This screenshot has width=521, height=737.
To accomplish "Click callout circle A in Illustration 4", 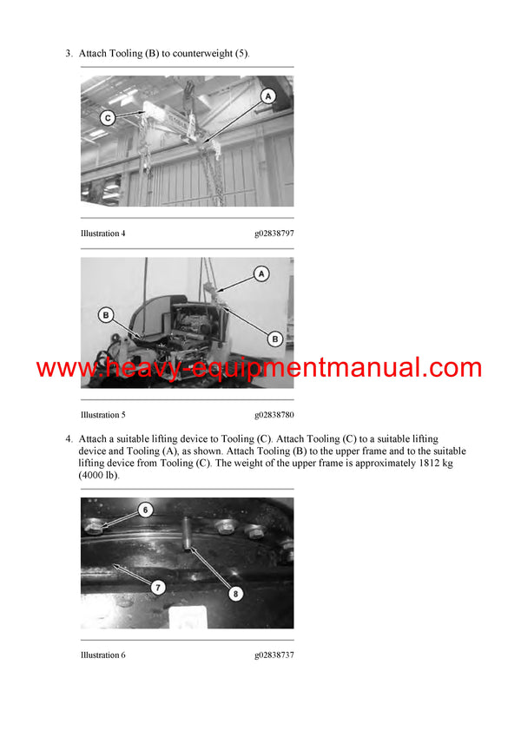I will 268,95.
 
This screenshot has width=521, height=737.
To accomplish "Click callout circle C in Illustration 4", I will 107,117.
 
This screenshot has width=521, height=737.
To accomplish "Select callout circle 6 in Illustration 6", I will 145,510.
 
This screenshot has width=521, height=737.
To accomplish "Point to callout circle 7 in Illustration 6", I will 158,588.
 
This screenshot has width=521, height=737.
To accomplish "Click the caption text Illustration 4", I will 103,234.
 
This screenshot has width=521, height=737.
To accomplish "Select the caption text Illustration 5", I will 103,415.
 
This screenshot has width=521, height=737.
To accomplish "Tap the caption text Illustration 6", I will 103,655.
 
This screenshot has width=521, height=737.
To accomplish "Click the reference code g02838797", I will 274,234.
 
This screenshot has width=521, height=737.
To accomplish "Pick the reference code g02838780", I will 274,415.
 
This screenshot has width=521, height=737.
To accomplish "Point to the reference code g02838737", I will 274,655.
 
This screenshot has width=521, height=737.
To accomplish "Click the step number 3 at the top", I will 69,54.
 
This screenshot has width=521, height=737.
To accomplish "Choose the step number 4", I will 69,438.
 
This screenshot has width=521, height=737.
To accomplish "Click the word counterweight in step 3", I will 202,54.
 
